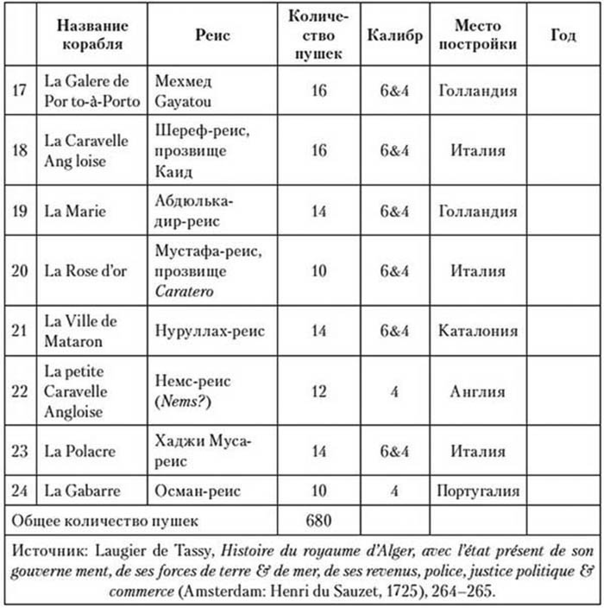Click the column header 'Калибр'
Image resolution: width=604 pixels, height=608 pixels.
coord(394,36)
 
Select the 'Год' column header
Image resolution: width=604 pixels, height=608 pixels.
coord(563,36)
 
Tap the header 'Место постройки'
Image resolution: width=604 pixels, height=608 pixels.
coord(477,36)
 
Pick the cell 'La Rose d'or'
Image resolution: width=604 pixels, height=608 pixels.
coord(85,269)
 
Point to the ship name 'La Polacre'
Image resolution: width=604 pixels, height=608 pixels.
coord(79,450)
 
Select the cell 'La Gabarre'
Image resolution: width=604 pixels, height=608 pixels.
coord(83,491)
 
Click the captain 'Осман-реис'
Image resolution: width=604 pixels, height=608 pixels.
coord(198,491)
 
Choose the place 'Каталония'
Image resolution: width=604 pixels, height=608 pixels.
coord(477,330)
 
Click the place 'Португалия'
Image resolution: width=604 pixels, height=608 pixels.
coord(477,491)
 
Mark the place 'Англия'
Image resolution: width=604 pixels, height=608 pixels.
coord(477,390)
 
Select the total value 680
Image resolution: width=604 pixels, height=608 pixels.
coord(318,521)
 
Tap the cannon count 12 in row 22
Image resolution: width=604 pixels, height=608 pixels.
coord(318,390)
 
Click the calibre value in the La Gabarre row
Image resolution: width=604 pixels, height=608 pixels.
coord(394,491)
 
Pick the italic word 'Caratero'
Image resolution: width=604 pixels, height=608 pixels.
coord(185,290)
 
